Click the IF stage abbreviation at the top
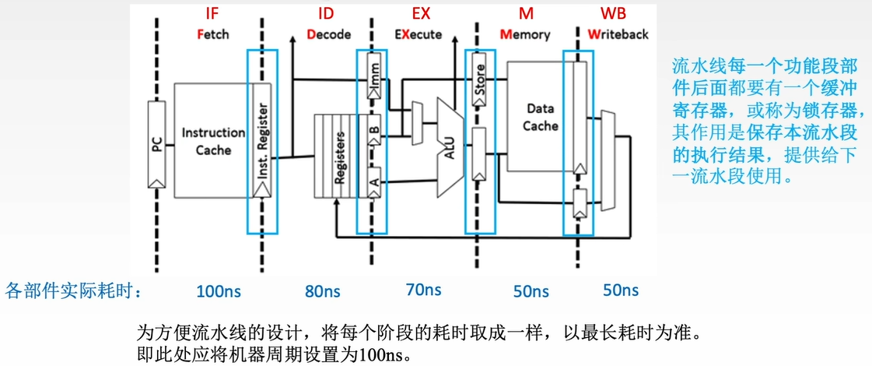212,14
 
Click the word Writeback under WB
618,34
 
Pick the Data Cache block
540,117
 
